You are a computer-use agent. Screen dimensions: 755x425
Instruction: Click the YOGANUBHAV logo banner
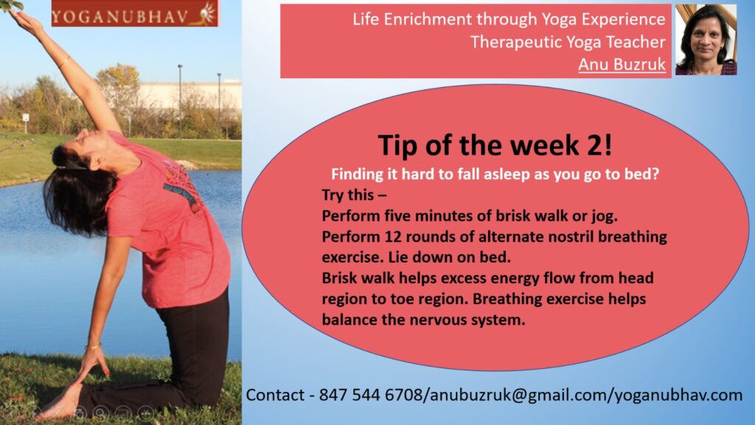point(135,13)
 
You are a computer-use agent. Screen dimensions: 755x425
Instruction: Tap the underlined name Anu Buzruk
point(622,64)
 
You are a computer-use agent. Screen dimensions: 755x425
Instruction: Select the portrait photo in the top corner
point(706,40)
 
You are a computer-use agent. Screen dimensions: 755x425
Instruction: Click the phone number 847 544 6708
point(370,395)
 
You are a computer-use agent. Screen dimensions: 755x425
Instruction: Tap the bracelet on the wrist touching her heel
point(93,347)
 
